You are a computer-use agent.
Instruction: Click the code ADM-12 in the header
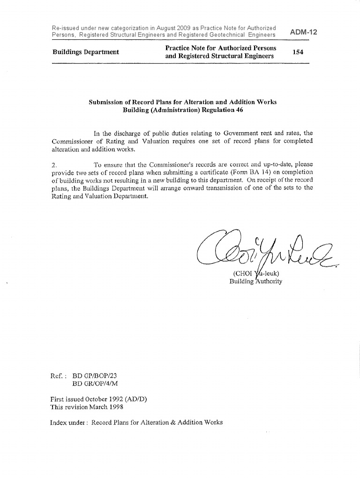pos(304,32)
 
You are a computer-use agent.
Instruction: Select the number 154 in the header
pos(298,52)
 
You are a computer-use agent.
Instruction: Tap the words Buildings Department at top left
pos(85,52)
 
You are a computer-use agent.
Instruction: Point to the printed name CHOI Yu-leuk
pos(256,274)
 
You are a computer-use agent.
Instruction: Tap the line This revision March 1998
pos(83,407)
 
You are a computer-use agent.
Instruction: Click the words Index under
pos(68,422)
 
